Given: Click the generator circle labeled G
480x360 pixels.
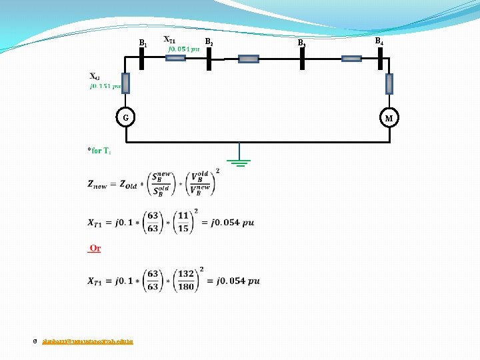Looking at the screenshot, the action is tap(126, 118).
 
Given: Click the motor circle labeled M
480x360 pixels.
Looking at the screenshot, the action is tap(389, 119).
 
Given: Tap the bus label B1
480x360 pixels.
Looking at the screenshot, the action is tap(142, 43).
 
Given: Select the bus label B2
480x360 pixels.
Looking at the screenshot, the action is tap(209, 42).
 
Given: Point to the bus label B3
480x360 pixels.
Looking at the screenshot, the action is tap(301, 43).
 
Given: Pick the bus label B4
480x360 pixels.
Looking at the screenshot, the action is tap(378, 41).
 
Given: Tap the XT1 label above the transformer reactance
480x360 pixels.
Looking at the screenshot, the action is tap(170, 39).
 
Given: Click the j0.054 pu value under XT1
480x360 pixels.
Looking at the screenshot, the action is tap(183, 49).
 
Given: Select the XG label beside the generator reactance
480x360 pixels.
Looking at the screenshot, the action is tap(95, 76).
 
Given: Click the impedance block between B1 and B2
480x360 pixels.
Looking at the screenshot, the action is tap(175, 58).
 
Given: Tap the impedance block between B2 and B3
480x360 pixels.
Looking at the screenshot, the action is tap(248, 59).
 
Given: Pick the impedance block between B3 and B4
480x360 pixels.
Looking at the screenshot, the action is tap(351, 59).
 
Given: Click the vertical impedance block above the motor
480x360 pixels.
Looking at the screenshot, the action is tap(389, 83).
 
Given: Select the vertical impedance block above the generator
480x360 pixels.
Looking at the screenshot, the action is tap(125, 83).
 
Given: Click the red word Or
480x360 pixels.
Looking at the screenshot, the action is tap(95, 249).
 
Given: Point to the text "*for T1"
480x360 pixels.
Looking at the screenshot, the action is tap(99, 151).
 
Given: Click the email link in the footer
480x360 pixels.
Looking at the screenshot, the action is tap(87, 341).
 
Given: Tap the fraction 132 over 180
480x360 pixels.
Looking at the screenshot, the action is tap(186, 281).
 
